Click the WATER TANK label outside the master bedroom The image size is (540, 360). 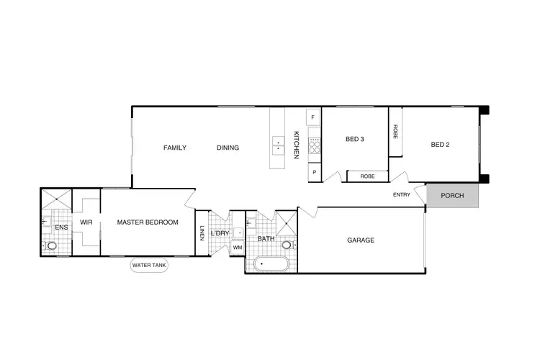149,266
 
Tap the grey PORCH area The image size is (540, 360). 453,196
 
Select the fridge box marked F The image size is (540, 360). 313,117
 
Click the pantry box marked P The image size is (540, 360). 313,173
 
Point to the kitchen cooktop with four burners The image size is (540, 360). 314,147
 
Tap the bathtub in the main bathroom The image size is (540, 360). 268,265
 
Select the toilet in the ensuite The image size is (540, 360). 52,246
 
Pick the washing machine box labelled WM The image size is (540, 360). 237,248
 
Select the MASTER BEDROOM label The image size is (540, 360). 148,222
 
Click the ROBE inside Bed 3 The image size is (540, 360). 367,176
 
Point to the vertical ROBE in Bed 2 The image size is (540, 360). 395,132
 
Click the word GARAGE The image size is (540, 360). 361,240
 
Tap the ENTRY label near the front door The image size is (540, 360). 402,195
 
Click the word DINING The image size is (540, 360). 228,148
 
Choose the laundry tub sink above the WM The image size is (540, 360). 238,233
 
